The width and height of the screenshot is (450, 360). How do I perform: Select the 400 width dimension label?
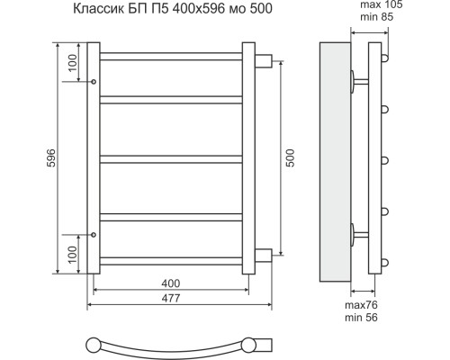point(171,283)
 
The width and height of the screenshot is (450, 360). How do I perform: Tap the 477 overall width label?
point(171,298)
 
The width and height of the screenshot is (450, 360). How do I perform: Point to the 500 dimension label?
point(291,157)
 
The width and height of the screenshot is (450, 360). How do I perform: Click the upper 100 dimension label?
point(72,63)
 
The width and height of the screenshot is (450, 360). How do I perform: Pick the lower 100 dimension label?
point(72,255)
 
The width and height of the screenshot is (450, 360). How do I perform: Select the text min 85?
point(376,17)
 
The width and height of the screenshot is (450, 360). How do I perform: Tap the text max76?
point(361,305)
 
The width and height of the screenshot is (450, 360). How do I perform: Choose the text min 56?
point(361,318)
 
